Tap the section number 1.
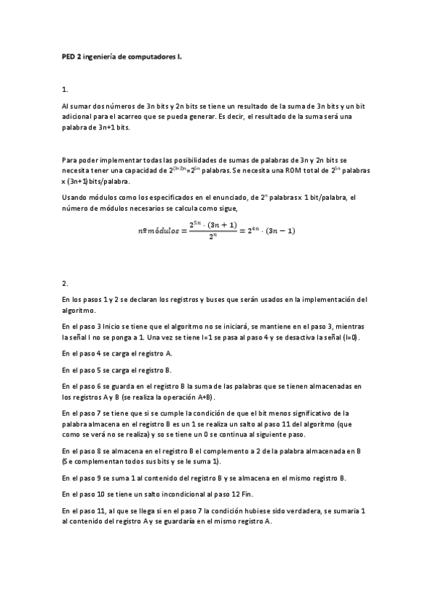pos(65,90)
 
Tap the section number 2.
pos(65,282)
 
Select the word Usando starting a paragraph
pos(75,196)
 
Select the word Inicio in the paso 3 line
pos(113,327)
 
